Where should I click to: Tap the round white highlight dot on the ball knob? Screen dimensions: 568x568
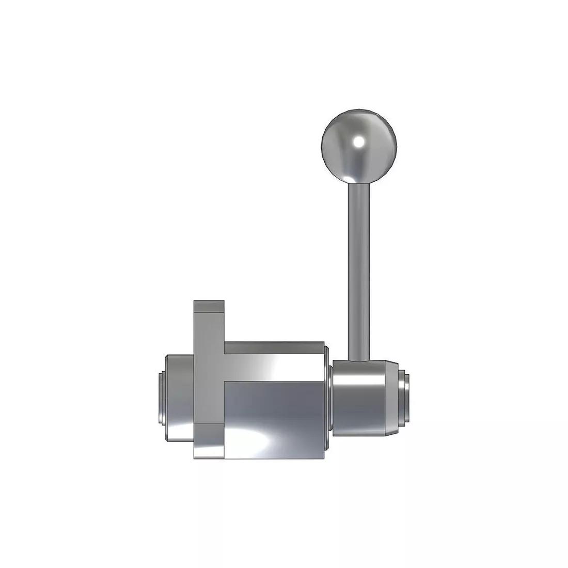[357, 141]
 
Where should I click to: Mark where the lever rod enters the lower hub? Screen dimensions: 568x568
[359, 359]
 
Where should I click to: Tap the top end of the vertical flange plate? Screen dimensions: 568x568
[209, 307]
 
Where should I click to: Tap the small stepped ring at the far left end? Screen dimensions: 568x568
[161, 398]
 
